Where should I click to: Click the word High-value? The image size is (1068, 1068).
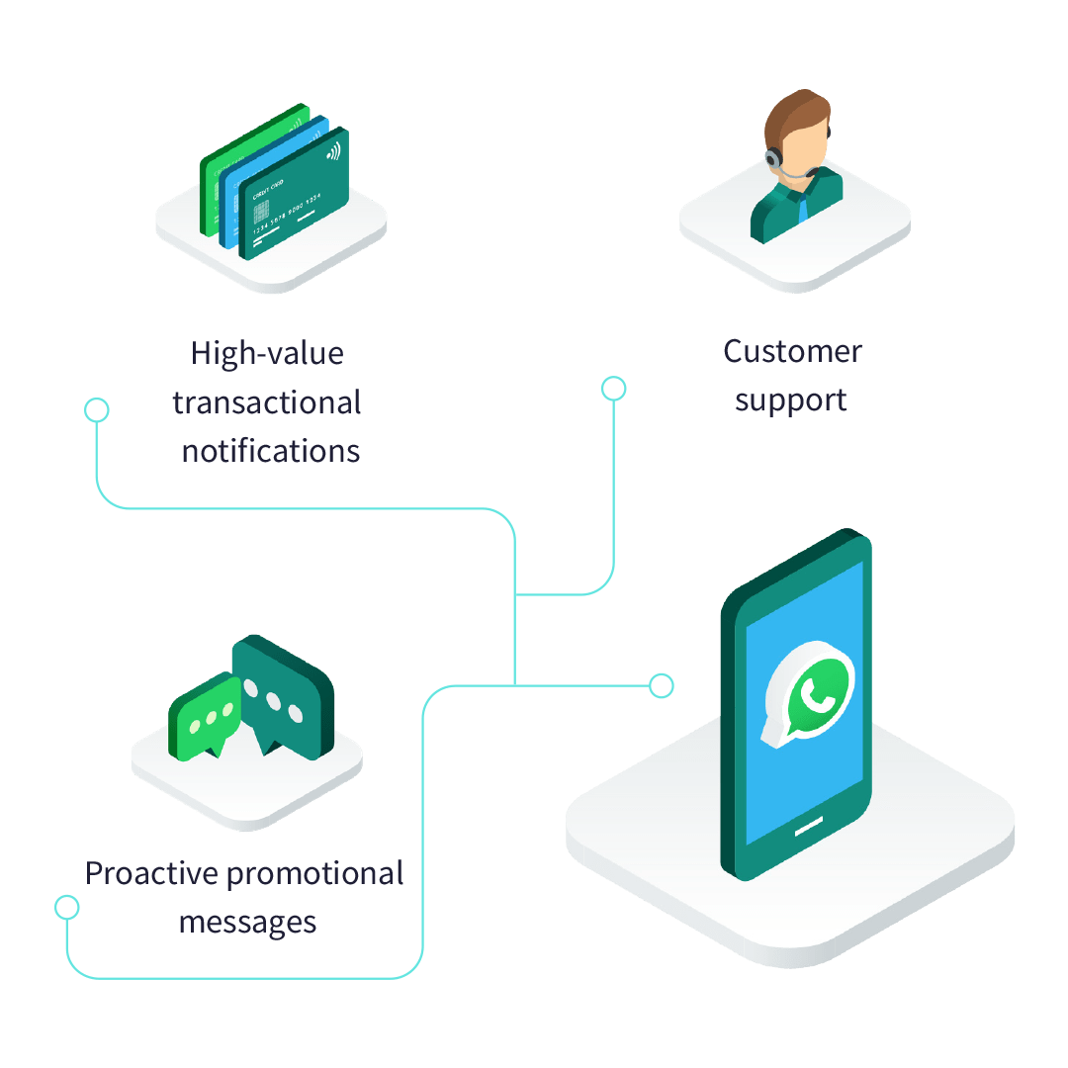pyautogui.click(x=267, y=353)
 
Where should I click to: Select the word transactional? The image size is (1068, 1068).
pyautogui.click(x=267, y=402)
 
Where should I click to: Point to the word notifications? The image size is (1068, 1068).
pyautogui.click(x=270, y=452)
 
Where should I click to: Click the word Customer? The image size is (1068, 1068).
pyautogui.click(x=792, y=351)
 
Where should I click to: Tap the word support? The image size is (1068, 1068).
pyautogui.click(x=790, y=400)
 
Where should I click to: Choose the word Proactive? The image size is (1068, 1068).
pyautogui.click(x=151, y=874)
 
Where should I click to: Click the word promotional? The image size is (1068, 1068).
pyautogui.click(x=315, y=874)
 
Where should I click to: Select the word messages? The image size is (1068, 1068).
pyautogui.click(x=247, y=923)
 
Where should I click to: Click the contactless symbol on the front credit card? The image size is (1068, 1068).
pyautogui.click(x=332, y=150)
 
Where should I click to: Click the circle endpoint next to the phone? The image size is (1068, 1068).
pyautogui.click(x=662, y=684)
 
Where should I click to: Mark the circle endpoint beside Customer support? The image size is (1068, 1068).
pyautogui.click(x=614, y=389)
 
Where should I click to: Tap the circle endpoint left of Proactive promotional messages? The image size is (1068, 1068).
pyautogui.click(x=67, y=906)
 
